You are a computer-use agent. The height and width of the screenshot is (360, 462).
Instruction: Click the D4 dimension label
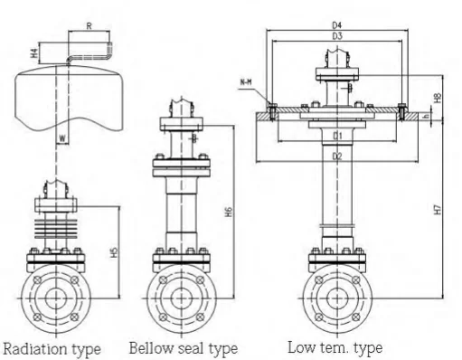click(x=337, y=25)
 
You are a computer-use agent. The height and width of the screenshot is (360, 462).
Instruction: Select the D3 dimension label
click(x=337, y=36)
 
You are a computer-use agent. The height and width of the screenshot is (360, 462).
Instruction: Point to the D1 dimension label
click(x=337, y=136)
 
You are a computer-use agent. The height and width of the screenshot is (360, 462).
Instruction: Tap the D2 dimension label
click(x=337, y=156)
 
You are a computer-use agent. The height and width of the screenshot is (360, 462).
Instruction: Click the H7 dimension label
click(x=438, y=209)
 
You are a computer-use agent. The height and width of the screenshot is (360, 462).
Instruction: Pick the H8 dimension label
click(x=438, y=98)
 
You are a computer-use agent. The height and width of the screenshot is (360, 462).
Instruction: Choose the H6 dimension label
click(x=229, y=212)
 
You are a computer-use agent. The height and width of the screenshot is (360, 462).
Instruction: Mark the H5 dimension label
click(x=114, y=252)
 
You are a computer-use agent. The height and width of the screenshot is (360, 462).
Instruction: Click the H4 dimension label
click(x=34, y=53)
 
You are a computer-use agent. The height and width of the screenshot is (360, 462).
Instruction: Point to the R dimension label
click(x=90, y=26)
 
